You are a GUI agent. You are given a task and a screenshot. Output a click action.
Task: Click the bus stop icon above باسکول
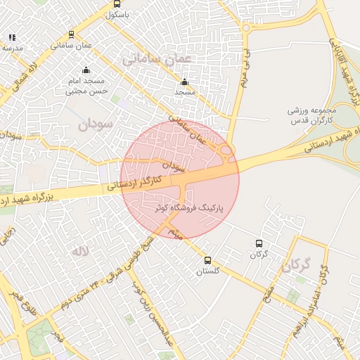[117, 4]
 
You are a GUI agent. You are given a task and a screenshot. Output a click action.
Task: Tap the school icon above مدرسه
[12, 37]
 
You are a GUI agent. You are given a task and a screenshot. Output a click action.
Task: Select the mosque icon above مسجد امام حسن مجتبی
[86, 70]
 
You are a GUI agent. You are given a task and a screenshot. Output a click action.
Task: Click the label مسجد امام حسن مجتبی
[86, 86]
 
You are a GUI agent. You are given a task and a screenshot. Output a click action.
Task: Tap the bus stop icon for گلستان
[207, 261]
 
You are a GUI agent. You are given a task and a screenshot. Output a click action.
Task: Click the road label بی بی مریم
[244, 70]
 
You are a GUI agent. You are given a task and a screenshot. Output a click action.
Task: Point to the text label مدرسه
[13, 48]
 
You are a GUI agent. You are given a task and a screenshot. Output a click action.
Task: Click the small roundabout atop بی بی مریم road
[246, 28]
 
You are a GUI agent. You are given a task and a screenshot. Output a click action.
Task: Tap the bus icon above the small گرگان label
[260, 243]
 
